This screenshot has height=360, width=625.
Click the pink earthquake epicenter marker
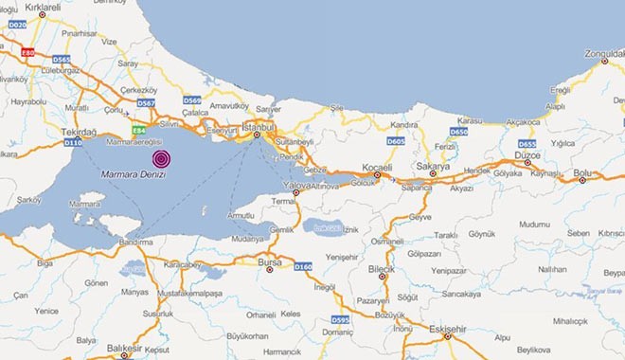pos(162,158)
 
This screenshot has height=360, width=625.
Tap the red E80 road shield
pos(28,53)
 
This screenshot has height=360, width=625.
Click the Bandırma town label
pos(137,243)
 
